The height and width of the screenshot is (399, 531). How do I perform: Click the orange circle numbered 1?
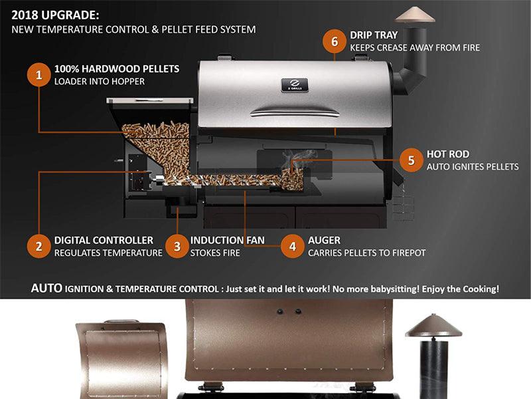39,75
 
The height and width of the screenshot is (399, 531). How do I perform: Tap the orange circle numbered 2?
39,246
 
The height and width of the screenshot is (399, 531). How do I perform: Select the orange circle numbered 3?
177,246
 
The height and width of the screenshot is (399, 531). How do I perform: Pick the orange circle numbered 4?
293,246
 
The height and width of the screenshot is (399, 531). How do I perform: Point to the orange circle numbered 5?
411,160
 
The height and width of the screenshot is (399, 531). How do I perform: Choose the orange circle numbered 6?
335,41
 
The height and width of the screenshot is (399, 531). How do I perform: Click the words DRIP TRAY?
374,35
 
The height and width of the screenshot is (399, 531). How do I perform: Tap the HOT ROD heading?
447,154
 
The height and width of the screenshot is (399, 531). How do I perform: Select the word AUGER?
324,240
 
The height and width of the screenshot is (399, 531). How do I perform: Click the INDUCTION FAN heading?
227,240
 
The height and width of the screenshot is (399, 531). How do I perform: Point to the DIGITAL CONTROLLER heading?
104,240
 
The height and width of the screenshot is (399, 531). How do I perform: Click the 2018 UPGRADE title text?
55,15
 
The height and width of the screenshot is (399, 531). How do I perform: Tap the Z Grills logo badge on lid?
295,85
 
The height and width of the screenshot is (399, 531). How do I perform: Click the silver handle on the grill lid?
295,112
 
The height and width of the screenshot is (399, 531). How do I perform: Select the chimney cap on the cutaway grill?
415,15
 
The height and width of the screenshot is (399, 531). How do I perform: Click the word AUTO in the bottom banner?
46,289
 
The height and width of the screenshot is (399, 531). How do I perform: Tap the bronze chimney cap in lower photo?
433,326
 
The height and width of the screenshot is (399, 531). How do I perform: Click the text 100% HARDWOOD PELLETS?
117,69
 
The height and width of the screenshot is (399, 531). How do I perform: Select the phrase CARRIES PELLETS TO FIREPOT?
367,253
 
